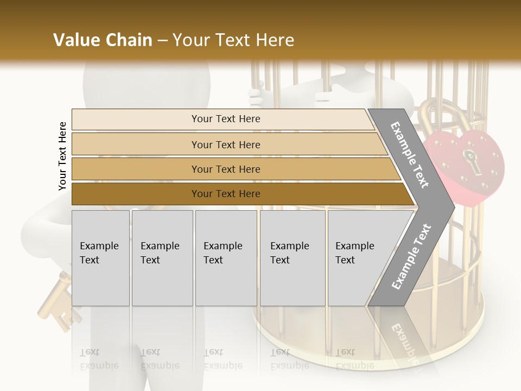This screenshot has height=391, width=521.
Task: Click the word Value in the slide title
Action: [x=76, y=40]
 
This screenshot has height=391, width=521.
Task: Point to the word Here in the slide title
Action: [x=274, y=40]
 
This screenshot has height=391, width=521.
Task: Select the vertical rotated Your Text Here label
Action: [x=62, y=156]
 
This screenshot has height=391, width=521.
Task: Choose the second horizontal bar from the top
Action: [x=225, y=144]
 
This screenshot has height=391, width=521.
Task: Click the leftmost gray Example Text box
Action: [x=100, y=258]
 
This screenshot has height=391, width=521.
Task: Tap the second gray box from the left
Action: [x=162, y=258]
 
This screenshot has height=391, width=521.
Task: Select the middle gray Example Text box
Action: [x=226, y=258]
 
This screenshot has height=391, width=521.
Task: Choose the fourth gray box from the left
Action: [x=292, y=258]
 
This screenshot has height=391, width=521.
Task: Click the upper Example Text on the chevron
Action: [x=410, y=155]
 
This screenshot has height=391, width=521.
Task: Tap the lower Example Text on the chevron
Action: [x=411, y=257]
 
